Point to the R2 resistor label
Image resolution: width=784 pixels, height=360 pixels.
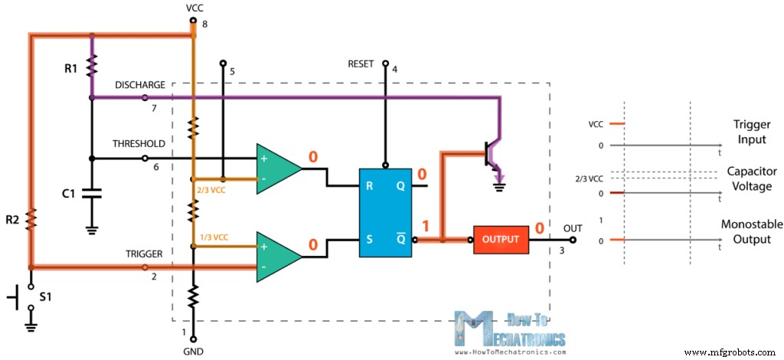click(11, 220)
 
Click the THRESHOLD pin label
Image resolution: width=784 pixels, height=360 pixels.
click(138, 144)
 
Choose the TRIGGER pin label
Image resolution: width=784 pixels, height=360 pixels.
click(142, 252)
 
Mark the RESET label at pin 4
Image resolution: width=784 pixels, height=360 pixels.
click(361, 64)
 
